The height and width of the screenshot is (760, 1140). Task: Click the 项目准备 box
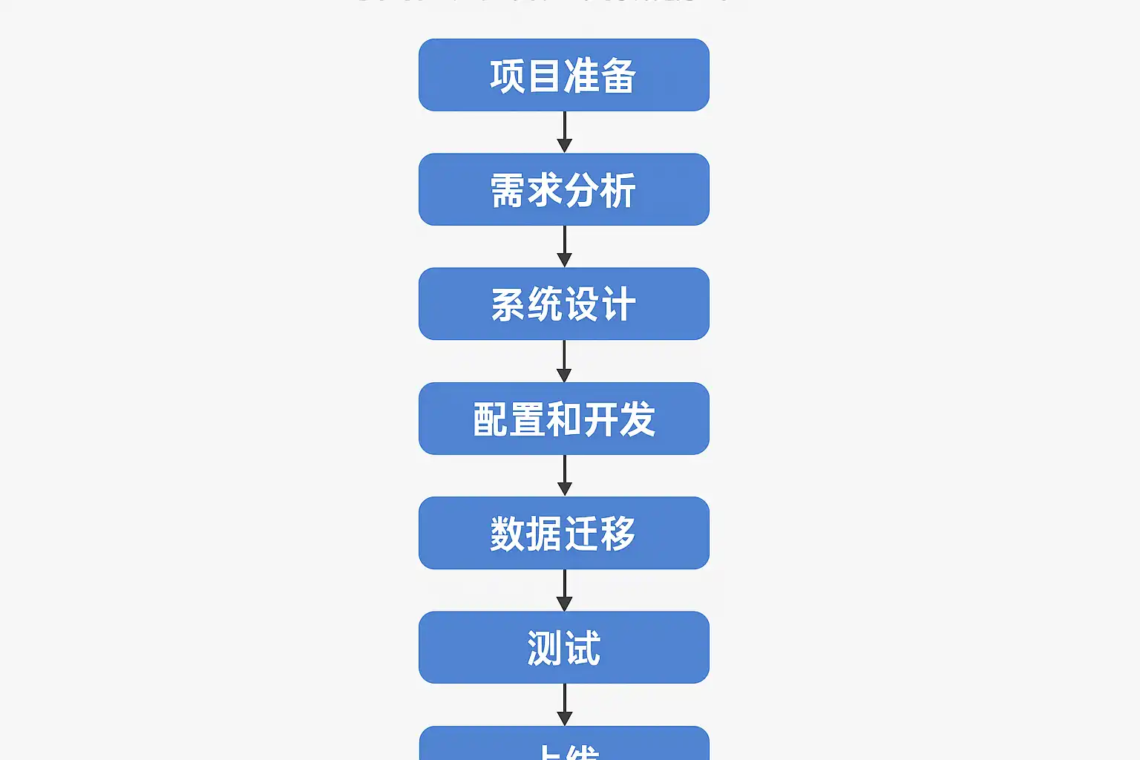564,75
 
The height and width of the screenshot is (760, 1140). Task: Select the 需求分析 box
564,189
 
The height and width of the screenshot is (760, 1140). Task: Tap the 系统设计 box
564,304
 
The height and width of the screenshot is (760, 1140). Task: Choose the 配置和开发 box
564,419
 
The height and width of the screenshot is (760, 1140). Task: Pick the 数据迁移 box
564,533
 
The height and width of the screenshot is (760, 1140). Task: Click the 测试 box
564,647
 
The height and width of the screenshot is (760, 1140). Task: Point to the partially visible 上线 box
564,744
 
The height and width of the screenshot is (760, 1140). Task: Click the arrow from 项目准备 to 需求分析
564,132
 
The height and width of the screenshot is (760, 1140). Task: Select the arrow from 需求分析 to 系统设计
564,246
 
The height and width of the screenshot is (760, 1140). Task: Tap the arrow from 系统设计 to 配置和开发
564,361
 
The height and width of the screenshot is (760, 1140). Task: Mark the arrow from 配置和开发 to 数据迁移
564,476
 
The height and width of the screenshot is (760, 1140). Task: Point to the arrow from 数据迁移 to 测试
564,590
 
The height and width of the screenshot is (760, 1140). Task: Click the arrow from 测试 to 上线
564,704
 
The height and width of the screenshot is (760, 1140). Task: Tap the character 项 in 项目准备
508,76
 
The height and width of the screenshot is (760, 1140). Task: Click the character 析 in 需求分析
618,190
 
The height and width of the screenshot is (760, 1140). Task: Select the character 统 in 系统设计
546,304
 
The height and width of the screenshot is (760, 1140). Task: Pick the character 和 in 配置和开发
564,419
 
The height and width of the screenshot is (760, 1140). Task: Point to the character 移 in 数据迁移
618,534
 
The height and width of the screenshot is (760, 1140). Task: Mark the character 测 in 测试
546,648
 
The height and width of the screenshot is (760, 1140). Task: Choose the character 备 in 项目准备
618,76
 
